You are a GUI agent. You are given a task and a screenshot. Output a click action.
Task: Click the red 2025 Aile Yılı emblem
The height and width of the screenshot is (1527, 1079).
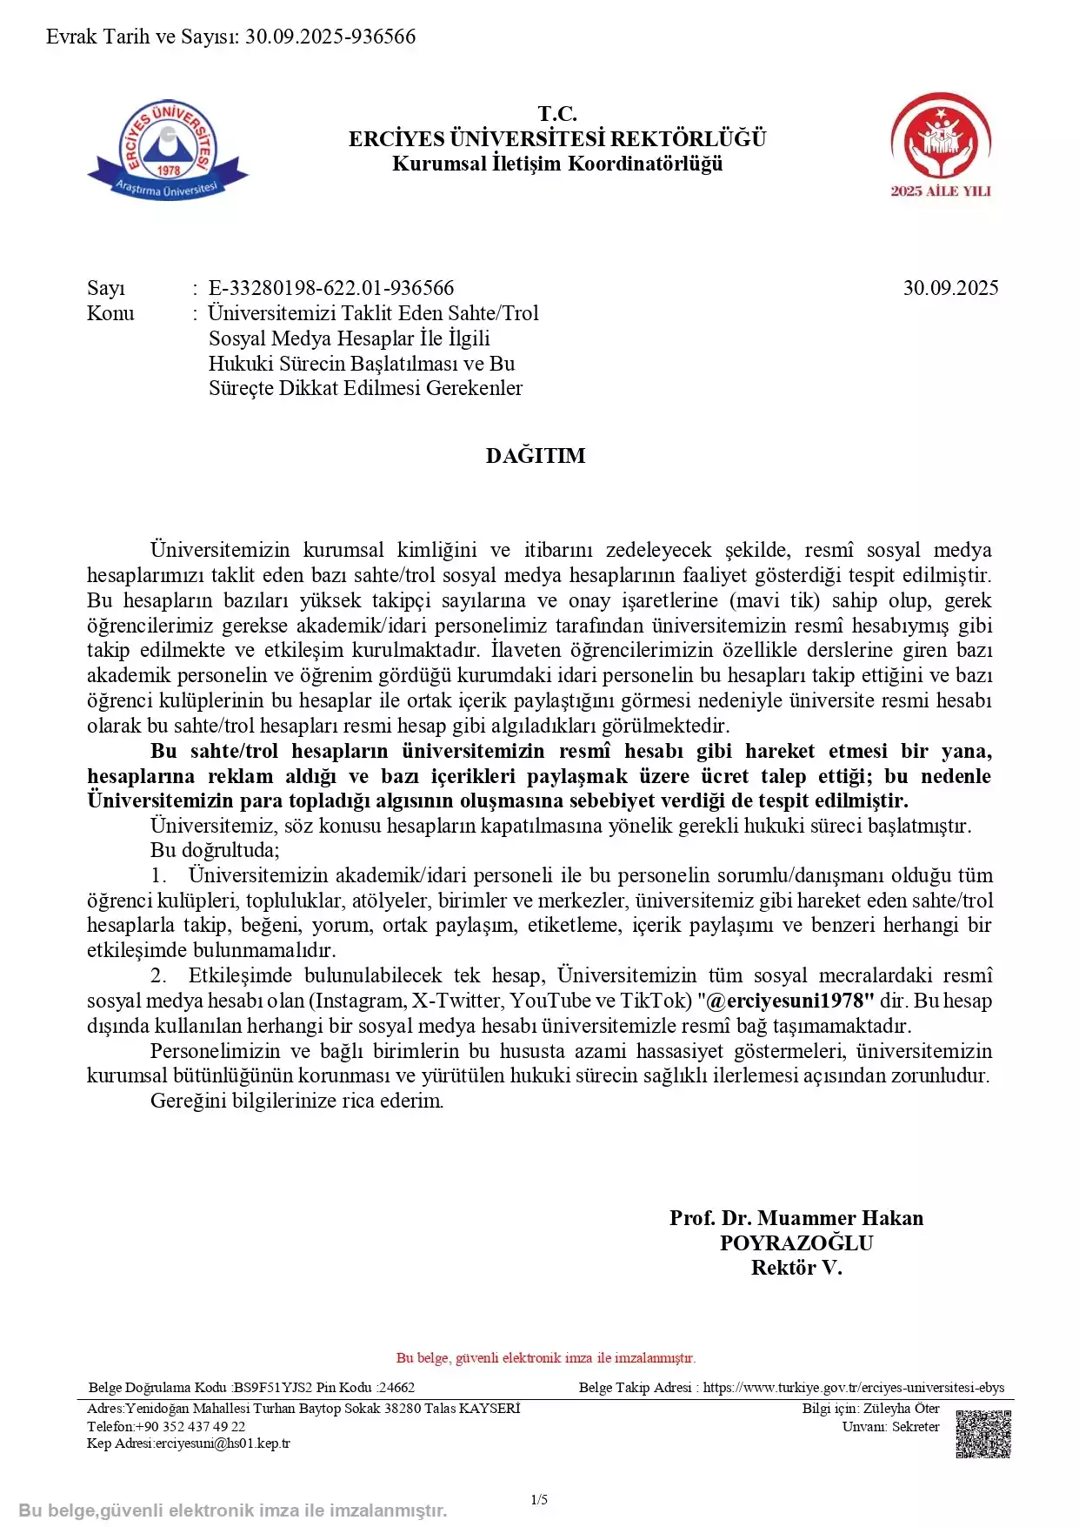940,144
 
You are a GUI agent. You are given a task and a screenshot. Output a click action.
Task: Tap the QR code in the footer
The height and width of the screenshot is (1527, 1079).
983,1433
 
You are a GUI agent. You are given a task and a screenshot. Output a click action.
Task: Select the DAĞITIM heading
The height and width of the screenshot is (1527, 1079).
536,456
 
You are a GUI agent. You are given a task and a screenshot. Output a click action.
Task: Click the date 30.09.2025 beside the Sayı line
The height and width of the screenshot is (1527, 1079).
950,288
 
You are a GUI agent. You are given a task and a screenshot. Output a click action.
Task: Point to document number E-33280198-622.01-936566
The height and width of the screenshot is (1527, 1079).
331,288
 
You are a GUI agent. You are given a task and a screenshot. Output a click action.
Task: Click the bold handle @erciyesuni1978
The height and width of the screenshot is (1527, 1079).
789,1001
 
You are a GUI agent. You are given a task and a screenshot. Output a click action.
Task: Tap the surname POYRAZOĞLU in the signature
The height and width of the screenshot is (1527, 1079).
796,1242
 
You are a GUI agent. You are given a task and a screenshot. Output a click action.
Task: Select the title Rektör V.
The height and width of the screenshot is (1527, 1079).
796,1268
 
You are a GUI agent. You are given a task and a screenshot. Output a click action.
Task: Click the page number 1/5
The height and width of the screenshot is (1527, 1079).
539,1499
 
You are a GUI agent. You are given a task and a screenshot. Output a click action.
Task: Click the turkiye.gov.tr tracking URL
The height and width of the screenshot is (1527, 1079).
853,1388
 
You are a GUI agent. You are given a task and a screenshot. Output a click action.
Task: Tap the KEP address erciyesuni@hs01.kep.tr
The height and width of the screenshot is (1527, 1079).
223,1443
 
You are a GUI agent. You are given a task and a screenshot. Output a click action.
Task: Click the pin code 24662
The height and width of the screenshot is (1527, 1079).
397,1388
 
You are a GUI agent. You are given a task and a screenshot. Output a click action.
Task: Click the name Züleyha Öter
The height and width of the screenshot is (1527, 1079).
902,1408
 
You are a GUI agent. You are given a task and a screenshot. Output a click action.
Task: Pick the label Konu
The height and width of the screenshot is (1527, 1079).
110,313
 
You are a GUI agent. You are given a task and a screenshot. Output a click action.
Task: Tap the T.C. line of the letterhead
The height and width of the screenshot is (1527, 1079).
557,114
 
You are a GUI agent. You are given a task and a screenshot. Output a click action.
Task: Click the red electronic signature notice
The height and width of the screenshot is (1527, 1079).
546,1357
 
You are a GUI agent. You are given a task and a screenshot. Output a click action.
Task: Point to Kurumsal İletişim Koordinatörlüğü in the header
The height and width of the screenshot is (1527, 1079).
557,164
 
